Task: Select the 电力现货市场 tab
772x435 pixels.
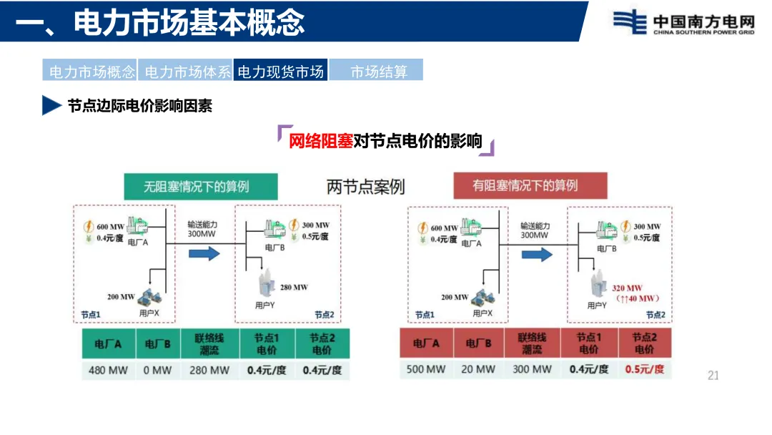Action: tap(280, 72)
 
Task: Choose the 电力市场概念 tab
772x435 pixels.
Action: tap(91, 72)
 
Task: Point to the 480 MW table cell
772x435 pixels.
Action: tap(108, 370)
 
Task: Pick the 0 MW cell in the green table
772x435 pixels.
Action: tap(158, 370)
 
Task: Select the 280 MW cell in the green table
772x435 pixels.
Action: tap(209, 370)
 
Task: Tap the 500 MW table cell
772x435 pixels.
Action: tap(426, 369)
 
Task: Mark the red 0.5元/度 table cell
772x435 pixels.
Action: tap(644, 369)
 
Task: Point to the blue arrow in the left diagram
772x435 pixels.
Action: tap(204, 253)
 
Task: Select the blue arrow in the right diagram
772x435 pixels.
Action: tap(537, 254)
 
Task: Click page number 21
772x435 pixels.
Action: tap(713, 376)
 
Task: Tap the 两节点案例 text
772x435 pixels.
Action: tap(365, 187)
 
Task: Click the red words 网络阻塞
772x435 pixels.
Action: tap(320, 141)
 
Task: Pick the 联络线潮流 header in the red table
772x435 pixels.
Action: tap(532, 343)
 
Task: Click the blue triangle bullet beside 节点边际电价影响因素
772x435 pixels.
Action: tap(51, 105)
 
